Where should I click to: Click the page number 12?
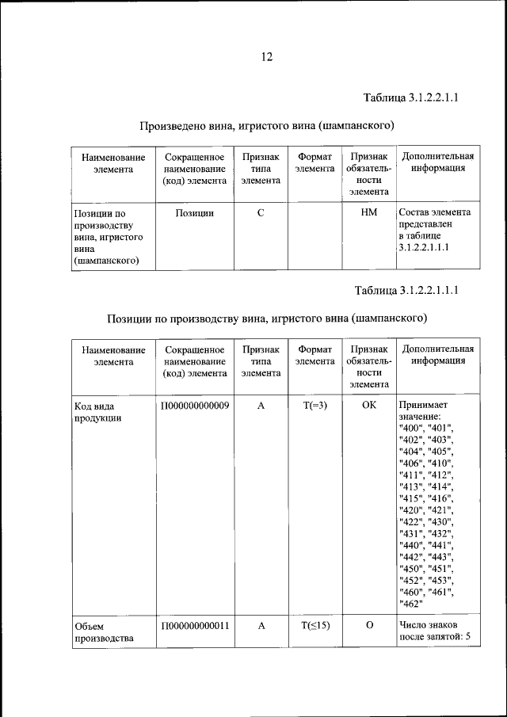pyautogui.click(x=266, y=56)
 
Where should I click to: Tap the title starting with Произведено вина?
pyautogui.click(x=267, y=126)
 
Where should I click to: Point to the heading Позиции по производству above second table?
pyautogui.click(x=267, y=318)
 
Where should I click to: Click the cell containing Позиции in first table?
pyautogui.click(x=194, y=213)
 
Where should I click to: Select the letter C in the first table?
pyautogui.click(x=261, y=213)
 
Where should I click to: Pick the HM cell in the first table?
pyautogui.click(x=368, y=213)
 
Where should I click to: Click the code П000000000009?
pyautogui.click(x=195, y=406)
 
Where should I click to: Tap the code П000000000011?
pyautogui.click(x=195, y=625)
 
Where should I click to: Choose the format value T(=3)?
pyautogui.click(x=315, y=406)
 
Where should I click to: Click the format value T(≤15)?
pyautogui.click(x=315, y=625)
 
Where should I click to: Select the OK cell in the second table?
pyautogui.click(x=368, y=406)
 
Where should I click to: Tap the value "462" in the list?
pyautogui.click(x=412, y=604)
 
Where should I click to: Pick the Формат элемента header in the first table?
pyautogui.click(x=314, y=162)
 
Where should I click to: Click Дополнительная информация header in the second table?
pyautogui.click(x=438, y=355)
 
